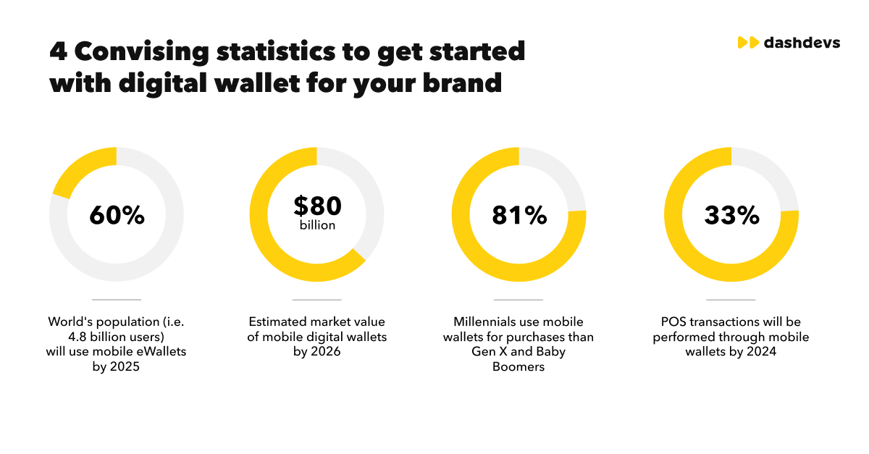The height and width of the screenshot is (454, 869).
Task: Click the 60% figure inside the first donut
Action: click(117, 215)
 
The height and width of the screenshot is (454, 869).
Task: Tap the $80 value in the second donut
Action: click(317, 206)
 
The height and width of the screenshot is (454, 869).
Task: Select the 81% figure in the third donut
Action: click(519, 215)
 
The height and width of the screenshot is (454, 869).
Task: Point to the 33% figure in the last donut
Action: click(731, 215)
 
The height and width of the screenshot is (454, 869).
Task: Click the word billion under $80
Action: click(317, 225)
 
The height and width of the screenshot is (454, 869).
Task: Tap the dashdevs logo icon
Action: click(747, 43)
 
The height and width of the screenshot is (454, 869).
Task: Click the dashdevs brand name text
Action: click(802, 43)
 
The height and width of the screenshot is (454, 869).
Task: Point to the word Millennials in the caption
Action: click(484, 321)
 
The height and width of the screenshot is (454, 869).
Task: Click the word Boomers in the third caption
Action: click(518, 366)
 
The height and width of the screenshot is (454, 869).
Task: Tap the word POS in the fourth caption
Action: click(673, 321)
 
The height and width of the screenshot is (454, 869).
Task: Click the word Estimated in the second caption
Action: click(277, 321)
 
